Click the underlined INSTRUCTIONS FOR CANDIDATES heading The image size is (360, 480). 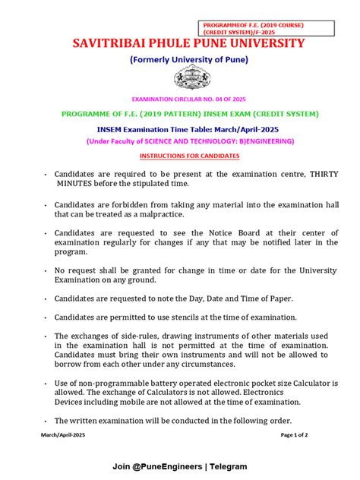click(188, 156)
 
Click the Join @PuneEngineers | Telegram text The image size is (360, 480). click(179, 466)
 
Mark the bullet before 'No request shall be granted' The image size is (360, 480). click(46, 270)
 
